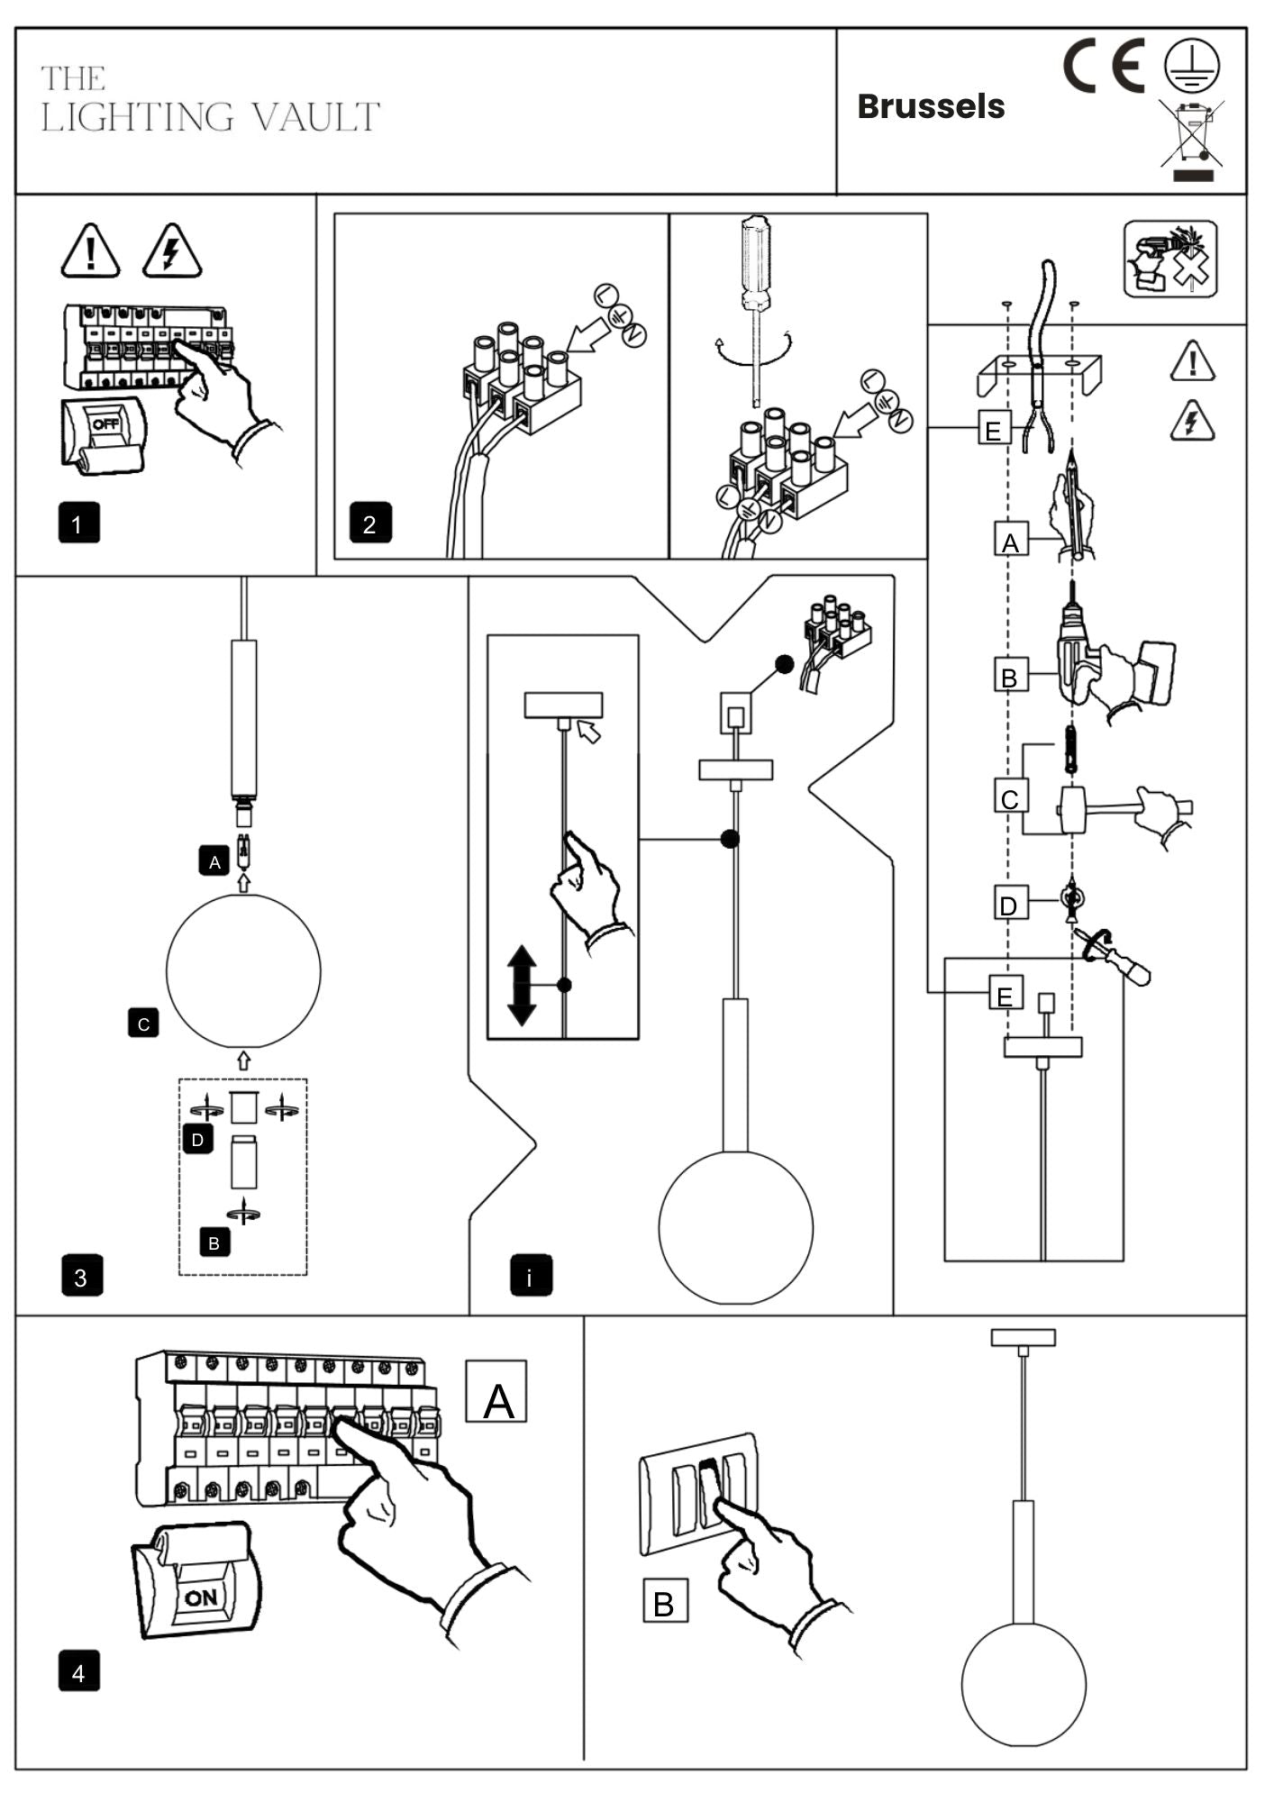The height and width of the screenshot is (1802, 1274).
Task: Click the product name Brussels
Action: pos(930,106)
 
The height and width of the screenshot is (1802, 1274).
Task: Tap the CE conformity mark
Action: pos(1104,66)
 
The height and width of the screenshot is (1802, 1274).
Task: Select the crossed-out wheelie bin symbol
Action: pos(1191,135)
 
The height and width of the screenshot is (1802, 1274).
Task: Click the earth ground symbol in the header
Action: pos(1191,66)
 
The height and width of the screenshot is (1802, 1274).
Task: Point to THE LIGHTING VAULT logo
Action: pos(210,100)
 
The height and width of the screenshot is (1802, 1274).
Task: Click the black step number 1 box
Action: pos(78,523)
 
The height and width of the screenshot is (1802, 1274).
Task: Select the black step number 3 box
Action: pos(82,1276)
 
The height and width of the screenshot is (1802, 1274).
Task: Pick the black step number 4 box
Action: pos(78,1672)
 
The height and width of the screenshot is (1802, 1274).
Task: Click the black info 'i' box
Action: pos(531,1276)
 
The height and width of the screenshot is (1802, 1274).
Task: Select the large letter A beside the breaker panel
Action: pos(496,1391)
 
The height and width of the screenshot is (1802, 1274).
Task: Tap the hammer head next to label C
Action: pos(1071,809)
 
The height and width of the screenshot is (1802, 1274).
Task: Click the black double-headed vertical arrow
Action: pos(522,985)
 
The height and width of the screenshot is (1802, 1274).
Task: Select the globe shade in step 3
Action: pos(243,969)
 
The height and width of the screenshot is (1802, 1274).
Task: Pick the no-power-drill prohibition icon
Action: pos(1169,259)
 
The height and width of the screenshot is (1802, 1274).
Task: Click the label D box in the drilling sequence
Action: pos(1009,904)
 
